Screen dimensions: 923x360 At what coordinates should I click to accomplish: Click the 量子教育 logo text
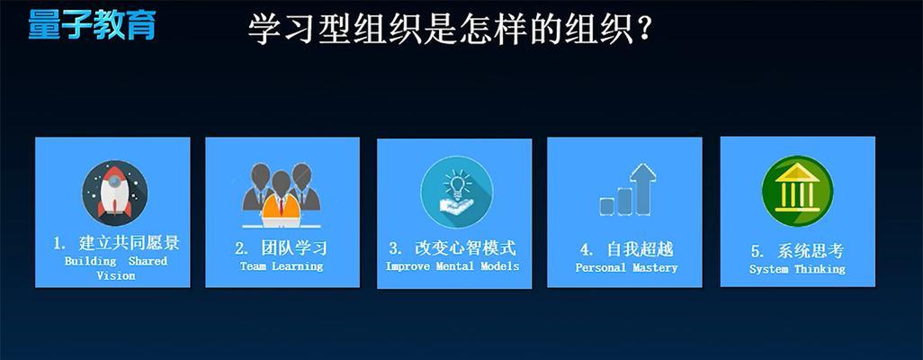[92, 24]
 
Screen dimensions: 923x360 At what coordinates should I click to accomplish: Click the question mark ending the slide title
[643, 28]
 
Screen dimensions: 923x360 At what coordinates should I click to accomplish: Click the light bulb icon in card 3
[456, 192]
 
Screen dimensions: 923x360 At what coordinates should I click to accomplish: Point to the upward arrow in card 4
[643, 188]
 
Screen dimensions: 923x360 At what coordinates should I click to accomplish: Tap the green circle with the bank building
[797, 191]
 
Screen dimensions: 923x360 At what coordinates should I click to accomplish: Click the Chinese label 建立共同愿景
[129, 243]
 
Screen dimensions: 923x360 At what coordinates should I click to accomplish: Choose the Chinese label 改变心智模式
[465, 247]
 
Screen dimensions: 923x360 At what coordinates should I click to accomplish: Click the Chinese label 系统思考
[810, 251]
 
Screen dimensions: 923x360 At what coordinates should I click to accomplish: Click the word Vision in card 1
[116, 275]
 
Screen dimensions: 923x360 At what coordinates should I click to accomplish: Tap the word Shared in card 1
[148, 261]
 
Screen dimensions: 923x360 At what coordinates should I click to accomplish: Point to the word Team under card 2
[253, 266]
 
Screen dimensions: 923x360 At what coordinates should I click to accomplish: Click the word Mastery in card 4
[655, 268]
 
